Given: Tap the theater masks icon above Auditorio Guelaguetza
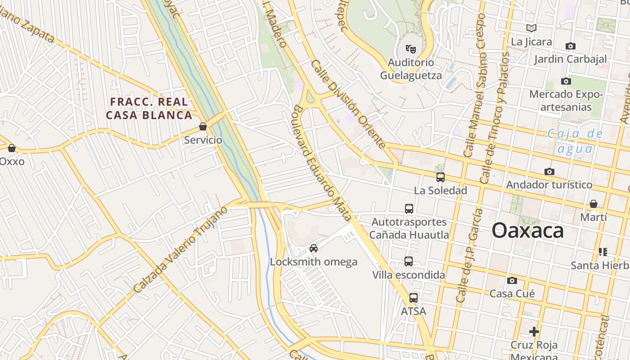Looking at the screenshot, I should point(410,48).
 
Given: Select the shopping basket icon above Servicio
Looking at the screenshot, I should point(203,126).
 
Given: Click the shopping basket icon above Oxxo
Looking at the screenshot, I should point(12,148).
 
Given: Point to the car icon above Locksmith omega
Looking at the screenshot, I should point(314,248).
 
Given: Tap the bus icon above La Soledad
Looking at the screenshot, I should point(441,177).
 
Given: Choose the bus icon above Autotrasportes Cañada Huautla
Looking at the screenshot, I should point(409,208).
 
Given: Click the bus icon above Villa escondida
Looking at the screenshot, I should point(408,261).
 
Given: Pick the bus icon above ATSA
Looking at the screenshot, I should point(413,297).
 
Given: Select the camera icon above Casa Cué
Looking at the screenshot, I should point(512,280).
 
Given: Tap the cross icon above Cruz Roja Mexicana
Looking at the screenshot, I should point(534,332).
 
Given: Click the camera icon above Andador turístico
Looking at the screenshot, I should point(549,171).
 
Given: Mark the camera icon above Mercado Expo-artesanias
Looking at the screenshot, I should point(566,81).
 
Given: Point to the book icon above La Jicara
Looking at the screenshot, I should point(531,28).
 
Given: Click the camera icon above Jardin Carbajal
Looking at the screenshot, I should point(570,46).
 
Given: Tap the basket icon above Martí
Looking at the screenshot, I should point(594,204).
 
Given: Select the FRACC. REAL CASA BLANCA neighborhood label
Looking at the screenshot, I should point(149,108).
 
